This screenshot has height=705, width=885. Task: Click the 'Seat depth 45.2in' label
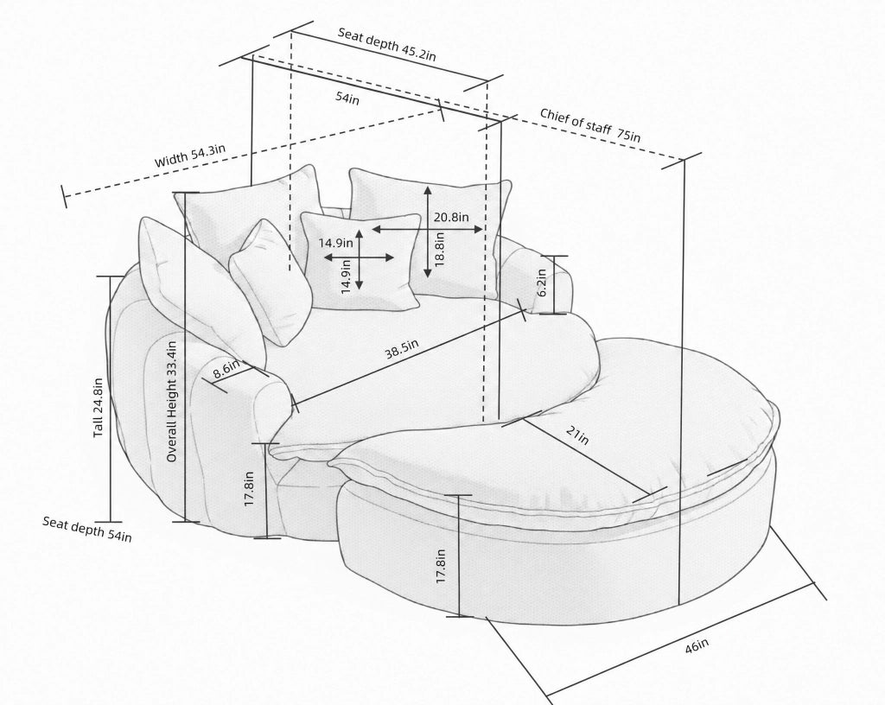tap(386, 44)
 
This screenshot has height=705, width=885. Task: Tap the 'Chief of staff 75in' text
tap(590, 124)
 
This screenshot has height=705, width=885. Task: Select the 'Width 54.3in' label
tap(190, 156)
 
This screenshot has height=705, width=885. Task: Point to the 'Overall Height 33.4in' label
tap(172, 402)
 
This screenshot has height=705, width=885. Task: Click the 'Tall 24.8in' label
tap(99, 408)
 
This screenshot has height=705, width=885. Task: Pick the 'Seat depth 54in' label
tap(87, 529)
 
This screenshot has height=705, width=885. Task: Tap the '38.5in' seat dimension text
tap(402, 349)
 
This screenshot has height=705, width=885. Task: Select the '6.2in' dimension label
tap(542, 283)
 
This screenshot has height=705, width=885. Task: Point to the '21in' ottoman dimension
tap(577, 435)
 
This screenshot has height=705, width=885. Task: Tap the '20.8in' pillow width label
tap(451, 217)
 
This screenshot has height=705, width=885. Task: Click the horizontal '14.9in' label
tap(336, 243)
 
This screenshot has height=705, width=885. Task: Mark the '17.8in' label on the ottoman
tap(441, 566)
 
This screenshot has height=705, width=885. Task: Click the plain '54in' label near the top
tap(347, 98)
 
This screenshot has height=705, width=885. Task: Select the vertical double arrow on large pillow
tap(428, 232)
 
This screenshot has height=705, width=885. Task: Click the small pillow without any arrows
tap(271, 282)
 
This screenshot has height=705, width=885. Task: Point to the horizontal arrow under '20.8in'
tap(427, 229)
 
